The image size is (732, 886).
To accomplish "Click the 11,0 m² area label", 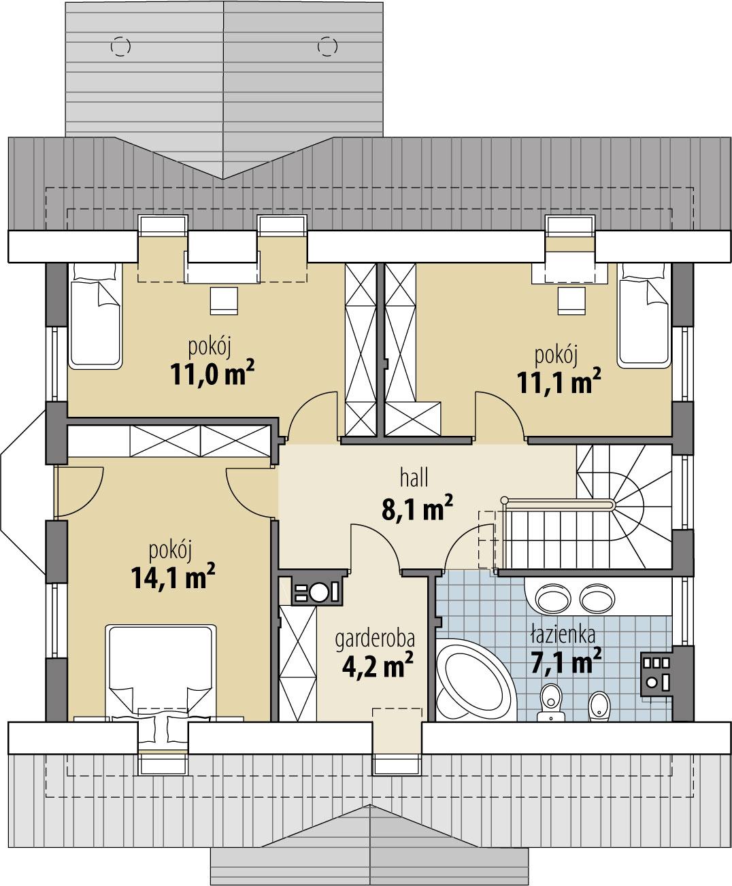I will tap(213, 374).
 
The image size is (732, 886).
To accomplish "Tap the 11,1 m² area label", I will tap(559, 383).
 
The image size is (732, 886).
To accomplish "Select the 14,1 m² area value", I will tap(172, 577).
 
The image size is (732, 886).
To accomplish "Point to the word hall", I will tap(414, 478).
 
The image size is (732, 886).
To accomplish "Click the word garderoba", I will tap(375, 639).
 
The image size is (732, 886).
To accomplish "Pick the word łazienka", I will tap(563, 635).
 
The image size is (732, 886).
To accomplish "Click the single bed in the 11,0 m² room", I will tap(95, 316).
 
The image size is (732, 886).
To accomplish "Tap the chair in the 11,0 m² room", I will tap(224, 300).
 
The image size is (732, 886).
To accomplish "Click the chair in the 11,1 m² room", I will tap(571, 300).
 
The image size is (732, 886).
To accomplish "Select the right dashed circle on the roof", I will tap(327, 46).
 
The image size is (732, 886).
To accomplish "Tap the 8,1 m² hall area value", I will tap(417, 508).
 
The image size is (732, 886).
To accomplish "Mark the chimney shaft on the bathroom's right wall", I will tap(656, 672).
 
